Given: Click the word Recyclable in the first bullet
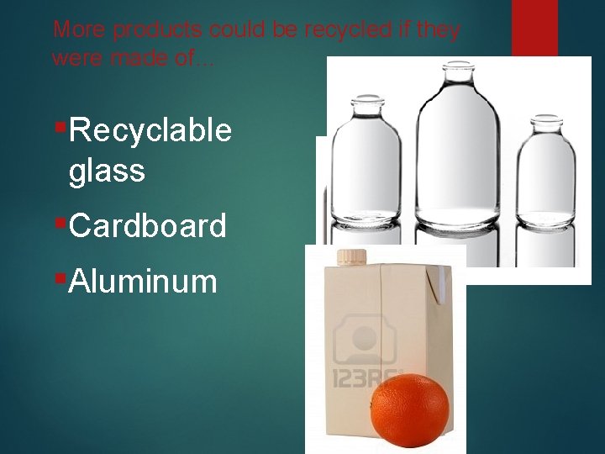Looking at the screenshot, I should [151, 130].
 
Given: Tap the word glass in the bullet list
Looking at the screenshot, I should [108, 171].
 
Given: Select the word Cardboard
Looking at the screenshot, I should [149, 225].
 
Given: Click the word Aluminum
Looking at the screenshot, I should [144, 281].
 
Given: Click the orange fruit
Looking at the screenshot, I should [409, 406].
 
